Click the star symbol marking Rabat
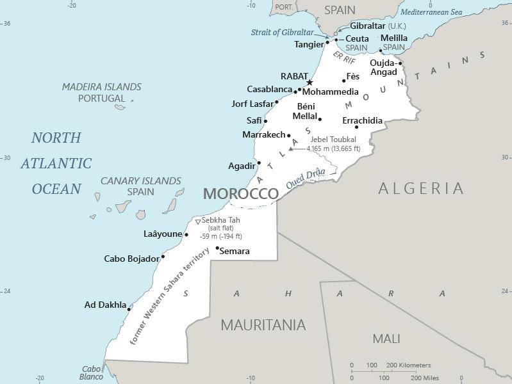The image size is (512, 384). [310, 83]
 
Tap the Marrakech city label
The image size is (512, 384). [263, 135]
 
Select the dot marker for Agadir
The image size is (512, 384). [259, 163]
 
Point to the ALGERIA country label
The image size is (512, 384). [420, 188]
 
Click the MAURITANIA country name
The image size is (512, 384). [263, 325]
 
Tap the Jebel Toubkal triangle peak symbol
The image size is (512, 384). [290, 149]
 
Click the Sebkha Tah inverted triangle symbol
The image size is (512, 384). [197, 222]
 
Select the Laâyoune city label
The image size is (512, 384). [163, 234]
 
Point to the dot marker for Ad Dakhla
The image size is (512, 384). [129, 309]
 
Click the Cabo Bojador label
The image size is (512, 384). [131, 259]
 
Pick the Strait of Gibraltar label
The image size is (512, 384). [283, 33]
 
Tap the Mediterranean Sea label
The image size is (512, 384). [431, 12]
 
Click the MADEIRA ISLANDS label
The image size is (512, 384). [101, 87]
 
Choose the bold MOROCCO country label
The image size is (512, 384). [240, 194]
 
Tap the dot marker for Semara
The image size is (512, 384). [217, 248]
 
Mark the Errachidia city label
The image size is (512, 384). [362, 120]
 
